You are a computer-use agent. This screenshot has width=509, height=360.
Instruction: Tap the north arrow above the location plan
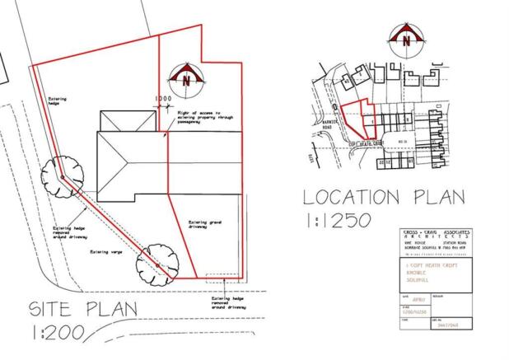tap(405, 40)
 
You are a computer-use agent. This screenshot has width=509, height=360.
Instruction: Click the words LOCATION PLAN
tap(384, 198)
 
